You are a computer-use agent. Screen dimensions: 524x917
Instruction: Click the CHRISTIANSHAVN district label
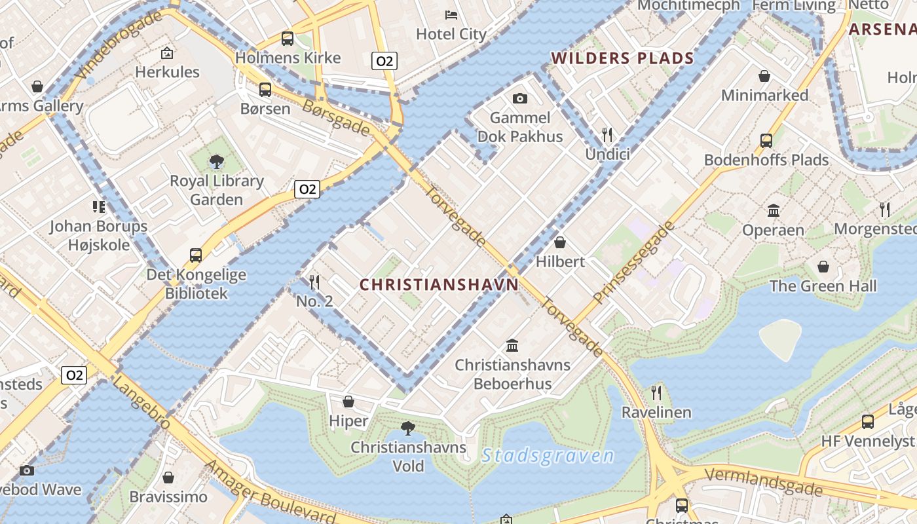pyautogui.click(x=439, y=284)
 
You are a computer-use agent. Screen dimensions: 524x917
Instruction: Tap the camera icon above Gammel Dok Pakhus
pyautogui.click(x=520, y=99)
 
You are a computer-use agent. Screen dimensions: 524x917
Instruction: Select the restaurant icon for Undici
pyautogui.click(x=607, y=135)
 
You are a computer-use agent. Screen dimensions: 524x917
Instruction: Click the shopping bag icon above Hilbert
pyautogui.click(x=560, y=242)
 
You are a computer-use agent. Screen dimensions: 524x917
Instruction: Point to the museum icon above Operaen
pyautogui.click(x=774, y=211)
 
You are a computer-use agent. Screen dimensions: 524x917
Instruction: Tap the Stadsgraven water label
pyautogui.click(x=548, y=456)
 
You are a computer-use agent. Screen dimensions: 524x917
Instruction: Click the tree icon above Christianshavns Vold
pyautogui.click(x=408, y=428)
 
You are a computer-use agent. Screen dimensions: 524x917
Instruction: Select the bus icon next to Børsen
pyautogui.click(x=265, y=90)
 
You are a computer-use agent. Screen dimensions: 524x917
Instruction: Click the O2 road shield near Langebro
pyautogui.click(x=74, y=375)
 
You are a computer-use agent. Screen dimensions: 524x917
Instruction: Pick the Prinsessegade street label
pyautogui.click(x=633, y=262)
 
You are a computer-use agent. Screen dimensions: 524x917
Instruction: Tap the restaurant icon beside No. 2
pyautogui.click(x=314, y=282)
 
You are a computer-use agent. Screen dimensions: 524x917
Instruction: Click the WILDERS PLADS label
pyautogui.click(x=622, y=58)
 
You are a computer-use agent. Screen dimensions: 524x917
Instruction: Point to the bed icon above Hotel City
pyautogui.click(x=451, y=14)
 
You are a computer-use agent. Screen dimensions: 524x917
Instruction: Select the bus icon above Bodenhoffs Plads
pyautogui.click(x=766, y=140)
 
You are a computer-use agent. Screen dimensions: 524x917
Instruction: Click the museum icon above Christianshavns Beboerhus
pyautogui.click(x=512, y=345)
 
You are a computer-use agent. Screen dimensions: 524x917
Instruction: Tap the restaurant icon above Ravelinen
pyautogui.click(x=656, y=392)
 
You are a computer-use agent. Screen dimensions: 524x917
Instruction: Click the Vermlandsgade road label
pyautogui.click(x=763, y=481)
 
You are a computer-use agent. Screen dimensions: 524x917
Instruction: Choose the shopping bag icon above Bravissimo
pyautogui.click(x=168, y=477)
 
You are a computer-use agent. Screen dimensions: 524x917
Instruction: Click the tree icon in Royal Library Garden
pyautogui.click(x=216, y=161)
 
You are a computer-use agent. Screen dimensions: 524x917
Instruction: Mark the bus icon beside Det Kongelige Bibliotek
pyautogui.click(x=196, y=255)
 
